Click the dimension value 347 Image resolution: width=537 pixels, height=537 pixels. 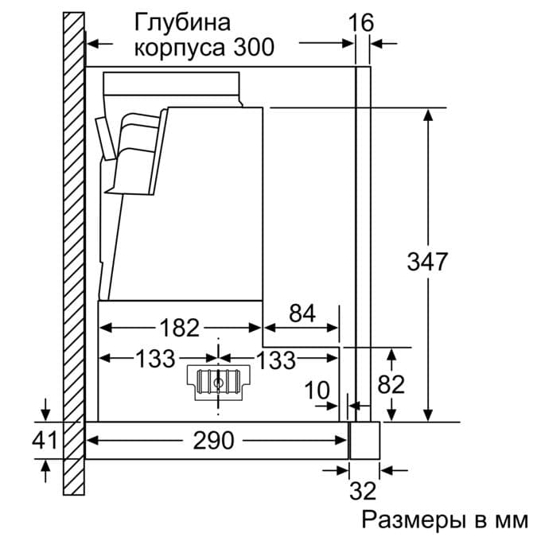pyautogui.click(x=427, y=262)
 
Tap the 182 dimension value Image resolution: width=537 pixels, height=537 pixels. pyautogui.click(x=180, y=328)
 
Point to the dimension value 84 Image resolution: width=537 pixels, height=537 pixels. pyautogui.click(x=302, y=313)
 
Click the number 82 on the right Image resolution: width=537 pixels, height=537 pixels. pyautogui.click(x=391, y=384)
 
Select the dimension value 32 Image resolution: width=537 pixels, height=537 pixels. pyautogui.click(x=363, y=490)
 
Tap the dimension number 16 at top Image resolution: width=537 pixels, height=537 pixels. pyautogui.click(x=361, y=21)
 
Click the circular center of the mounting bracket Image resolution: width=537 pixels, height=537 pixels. pyautogui.click(x=217, y=381)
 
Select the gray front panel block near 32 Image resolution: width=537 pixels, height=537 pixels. pyautogui.click(x=364, y=440)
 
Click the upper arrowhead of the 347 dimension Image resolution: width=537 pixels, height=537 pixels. pyautogui.click(x=429, y=114)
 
